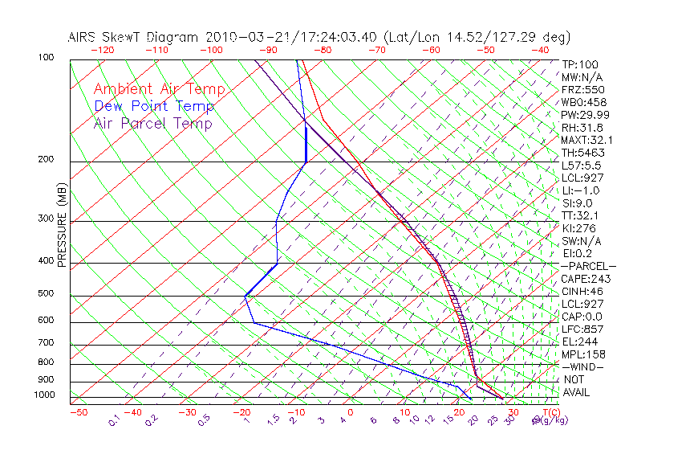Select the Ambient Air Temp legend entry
pos(159,89)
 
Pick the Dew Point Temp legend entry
pos(154,106)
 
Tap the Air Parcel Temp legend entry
pos(152,123)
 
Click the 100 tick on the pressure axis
pos(46,58)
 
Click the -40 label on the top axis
pos(541,50)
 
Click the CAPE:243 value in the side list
pos(586,279)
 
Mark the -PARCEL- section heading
pos(588,266)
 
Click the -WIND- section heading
pos(583,366)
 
